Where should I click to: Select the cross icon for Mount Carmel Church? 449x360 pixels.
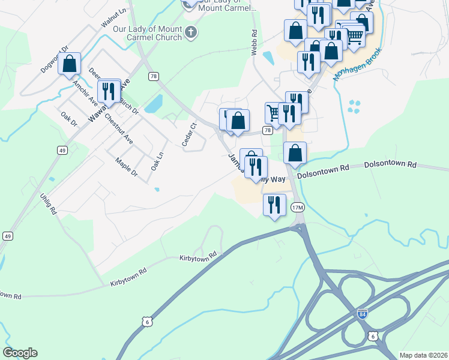click(x=191, y=32)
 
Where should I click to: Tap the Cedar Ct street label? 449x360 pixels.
click(x=190, y=134)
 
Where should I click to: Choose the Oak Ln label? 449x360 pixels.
click(x=157, y=159)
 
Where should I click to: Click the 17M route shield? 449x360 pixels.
click(x=298, y=208)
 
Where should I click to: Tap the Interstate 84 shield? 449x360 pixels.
click(x=362, y=314)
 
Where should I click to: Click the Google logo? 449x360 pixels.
click(x=20, y=353)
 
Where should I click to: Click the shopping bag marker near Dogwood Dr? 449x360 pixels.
click(x=70, y=64)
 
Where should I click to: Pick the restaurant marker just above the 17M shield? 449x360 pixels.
click(x=274, y=205)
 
